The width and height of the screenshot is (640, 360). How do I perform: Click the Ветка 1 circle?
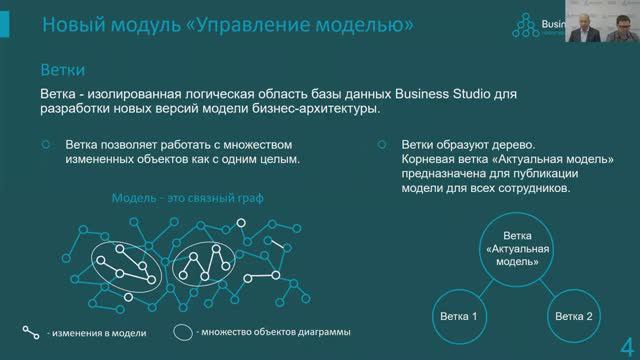459,316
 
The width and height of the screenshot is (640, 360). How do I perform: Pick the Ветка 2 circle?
575,316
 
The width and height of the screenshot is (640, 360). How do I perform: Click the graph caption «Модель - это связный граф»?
188,198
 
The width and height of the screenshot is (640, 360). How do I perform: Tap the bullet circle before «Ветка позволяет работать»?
46,144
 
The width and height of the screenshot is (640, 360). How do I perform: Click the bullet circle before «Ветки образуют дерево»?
382,144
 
